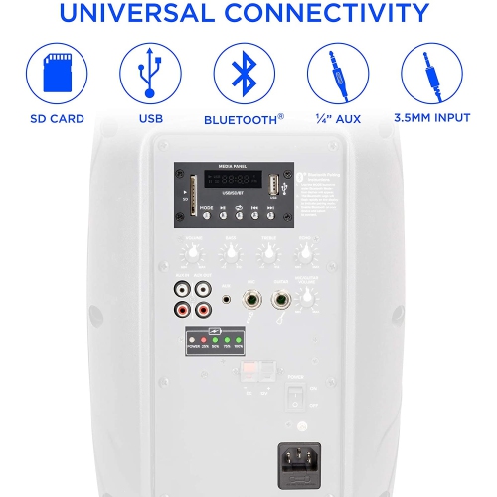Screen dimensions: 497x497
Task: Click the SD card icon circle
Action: [x=56, y=72]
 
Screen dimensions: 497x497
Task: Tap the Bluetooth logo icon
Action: [x=244, y=72]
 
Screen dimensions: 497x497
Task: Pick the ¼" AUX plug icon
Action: [x=337, y=72]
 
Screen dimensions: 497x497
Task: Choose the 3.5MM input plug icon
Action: [x=431, y=72]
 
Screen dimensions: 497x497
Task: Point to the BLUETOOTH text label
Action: [x=239, y=119]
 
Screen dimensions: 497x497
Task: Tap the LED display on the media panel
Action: [x=228, y=182]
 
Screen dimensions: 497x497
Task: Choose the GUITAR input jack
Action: [x=283, y=299]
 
